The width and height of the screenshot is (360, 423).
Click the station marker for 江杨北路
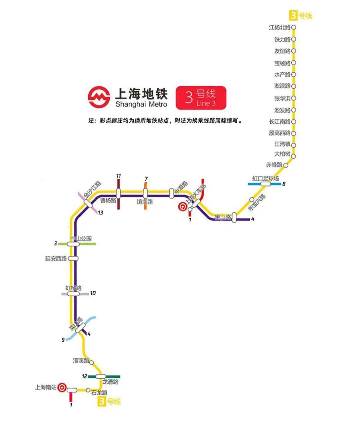pos(294,27)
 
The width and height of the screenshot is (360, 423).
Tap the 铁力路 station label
pos(282,39)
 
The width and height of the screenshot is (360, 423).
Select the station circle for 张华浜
pos(294,98)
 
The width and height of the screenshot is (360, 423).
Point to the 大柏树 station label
pos(282,154)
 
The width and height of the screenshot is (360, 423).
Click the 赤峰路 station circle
pos(286,165)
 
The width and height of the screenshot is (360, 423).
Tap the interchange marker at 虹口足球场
pos(266,184)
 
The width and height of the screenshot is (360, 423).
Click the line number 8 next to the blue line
pos(284,184)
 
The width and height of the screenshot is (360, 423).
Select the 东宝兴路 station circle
pos(252,199)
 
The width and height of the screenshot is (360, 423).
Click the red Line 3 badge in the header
pos(201,98)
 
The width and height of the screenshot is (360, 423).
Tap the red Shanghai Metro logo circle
pos(99,97)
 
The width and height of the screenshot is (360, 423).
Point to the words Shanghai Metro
pos(141,104)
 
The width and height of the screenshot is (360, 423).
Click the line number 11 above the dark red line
pos(118,176)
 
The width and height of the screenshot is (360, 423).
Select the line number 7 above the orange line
pos(146,178)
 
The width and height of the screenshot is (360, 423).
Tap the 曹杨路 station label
pos(108,200)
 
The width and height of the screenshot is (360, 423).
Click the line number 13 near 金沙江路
pos(100,213)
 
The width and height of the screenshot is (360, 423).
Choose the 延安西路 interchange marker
pos(73,259)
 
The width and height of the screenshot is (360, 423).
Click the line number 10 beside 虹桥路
pos(93,293)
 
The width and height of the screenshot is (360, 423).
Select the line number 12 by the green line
pos(84,376)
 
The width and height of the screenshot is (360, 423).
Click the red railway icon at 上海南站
pos(62,388)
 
